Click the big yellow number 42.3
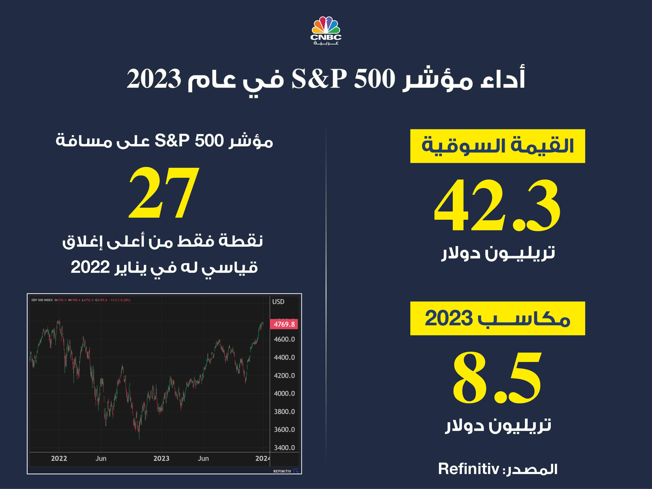(x=497, y=205)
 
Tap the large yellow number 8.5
(x=497, y=378)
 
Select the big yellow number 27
(x=164, y=193)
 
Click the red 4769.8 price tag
(x=284, y=324)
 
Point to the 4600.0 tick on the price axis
(x=284, y=339)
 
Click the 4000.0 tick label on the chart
(x=284, y=393)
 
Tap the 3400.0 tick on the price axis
(x=284, y=448)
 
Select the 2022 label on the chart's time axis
(x=59, y=458)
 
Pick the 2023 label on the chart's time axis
(x=161, y=458)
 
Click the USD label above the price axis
(x=278, y=302)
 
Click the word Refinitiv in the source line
(x=468, y=469)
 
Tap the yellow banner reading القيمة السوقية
(x=497, y=146)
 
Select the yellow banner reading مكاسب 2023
(x=497, y=318)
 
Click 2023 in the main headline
(x=153, y=79)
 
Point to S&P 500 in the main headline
(x=343, y=79)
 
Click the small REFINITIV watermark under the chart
(x=282, y=471)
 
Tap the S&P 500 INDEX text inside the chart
(x=42, y=300)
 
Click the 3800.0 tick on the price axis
(x=284, y=412)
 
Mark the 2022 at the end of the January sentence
(x=90, y=267)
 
